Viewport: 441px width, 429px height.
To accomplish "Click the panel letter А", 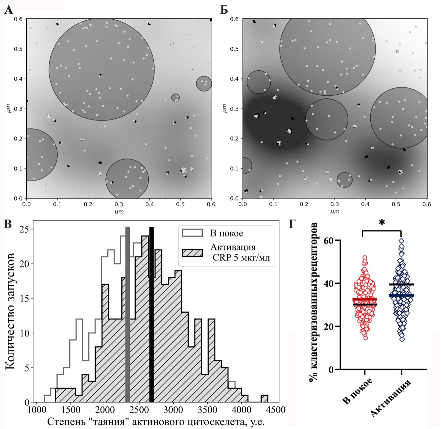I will (9, 10).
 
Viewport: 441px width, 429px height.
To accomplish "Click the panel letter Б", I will (224, 10).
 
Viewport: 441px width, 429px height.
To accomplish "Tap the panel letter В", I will (8, 224).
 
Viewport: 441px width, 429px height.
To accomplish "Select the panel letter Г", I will (293, 224).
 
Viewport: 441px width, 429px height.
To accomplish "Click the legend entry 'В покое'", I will (227, 233).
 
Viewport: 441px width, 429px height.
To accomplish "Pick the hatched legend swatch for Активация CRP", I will (192, 253).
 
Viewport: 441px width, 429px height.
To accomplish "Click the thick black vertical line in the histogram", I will (152, 315).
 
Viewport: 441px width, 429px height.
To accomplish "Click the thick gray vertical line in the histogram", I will (128, 315).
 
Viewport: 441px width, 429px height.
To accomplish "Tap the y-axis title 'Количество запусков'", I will (10, 311).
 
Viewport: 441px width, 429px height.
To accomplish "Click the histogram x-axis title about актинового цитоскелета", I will (156, 422).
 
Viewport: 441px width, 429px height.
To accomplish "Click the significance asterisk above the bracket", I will (382, 222).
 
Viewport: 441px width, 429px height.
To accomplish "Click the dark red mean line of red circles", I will (365, 299).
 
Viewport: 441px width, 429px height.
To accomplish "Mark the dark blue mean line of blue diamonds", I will (402, 296).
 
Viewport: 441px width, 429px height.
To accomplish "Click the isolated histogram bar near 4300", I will (265, 398).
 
